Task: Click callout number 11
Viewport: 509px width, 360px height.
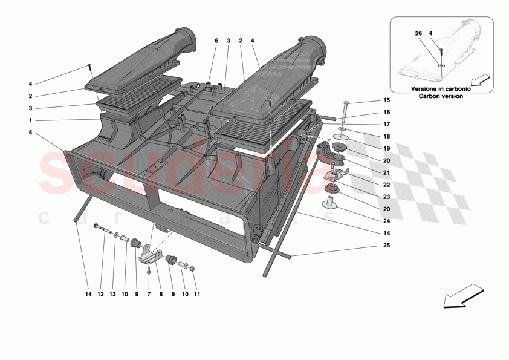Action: click(196, 295)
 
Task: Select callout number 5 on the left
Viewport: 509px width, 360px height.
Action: click(30, 133)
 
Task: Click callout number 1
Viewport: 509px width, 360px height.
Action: click(30, 120)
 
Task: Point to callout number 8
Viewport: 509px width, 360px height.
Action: click(160, 295)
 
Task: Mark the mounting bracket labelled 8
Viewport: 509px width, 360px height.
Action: click(151, 257)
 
